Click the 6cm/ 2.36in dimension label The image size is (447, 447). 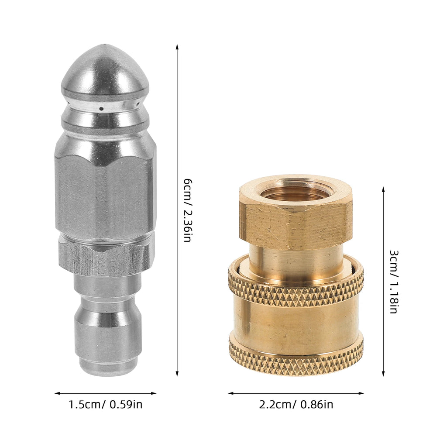tap(187, 210)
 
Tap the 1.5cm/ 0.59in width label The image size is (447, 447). tap(106, 405)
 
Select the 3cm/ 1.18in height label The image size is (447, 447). tap(393, 282)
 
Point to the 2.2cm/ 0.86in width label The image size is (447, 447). tap(296, 405)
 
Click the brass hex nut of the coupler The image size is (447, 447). tap(296, 223)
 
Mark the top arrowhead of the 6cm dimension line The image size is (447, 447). tap(177, 45)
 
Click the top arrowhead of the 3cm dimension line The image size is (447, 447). tap(383, 189)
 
